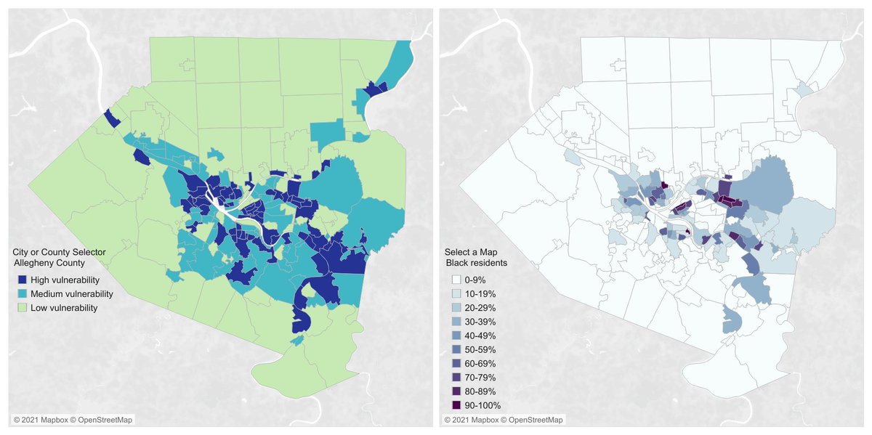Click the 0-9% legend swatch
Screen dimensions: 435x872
click(x=456, y=279)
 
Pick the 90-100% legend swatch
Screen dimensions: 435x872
click(x=456, y=405)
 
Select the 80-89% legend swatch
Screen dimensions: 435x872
click(x=456, y=391)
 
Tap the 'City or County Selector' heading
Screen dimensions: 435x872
click(x=59, y=252)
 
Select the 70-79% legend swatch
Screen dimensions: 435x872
click(x=456, y=378)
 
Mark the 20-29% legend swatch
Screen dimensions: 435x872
click(x=456, y=307)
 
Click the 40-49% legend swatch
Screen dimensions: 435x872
click(x=456, y=336)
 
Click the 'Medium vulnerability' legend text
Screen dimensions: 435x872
click(x=71, y=293)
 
